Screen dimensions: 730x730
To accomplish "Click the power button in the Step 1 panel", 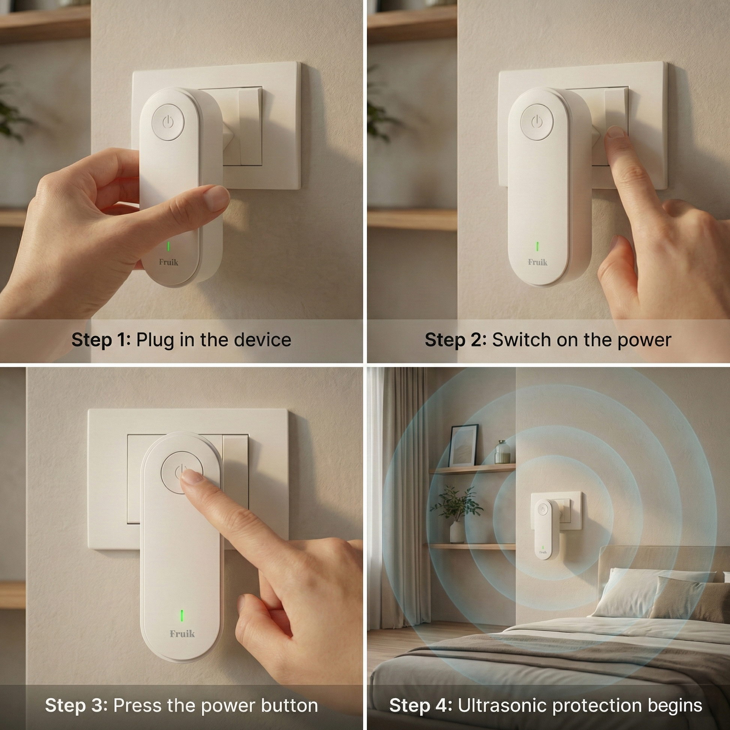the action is (168, 122).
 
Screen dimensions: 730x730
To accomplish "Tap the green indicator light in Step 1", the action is (168, 246).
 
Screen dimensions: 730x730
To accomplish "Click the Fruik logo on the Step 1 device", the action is (168, 262).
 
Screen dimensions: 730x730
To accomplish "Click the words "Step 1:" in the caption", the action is (101, 340).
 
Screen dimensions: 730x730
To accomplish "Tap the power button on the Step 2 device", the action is (536, 122).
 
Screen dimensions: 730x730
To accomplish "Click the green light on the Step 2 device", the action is (537, 246).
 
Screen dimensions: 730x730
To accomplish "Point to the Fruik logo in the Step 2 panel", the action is (537, 262).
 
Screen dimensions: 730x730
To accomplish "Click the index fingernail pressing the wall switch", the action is (617, 132).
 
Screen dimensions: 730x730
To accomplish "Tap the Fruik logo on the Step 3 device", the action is (182, 633).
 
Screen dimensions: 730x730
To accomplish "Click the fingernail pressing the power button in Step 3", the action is (192, 478).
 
